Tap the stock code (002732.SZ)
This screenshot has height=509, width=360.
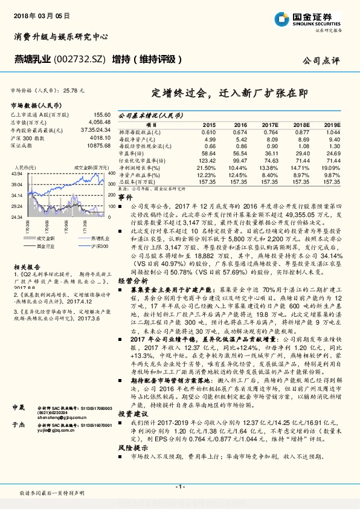[x=80, y=59]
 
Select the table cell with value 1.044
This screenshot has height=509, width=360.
[x=333, y=132]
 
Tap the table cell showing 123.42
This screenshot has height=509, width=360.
[x=207, y=160]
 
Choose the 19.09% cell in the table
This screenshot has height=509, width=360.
[x=332, y=167]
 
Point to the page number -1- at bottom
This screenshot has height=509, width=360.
[x=179, y=487]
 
